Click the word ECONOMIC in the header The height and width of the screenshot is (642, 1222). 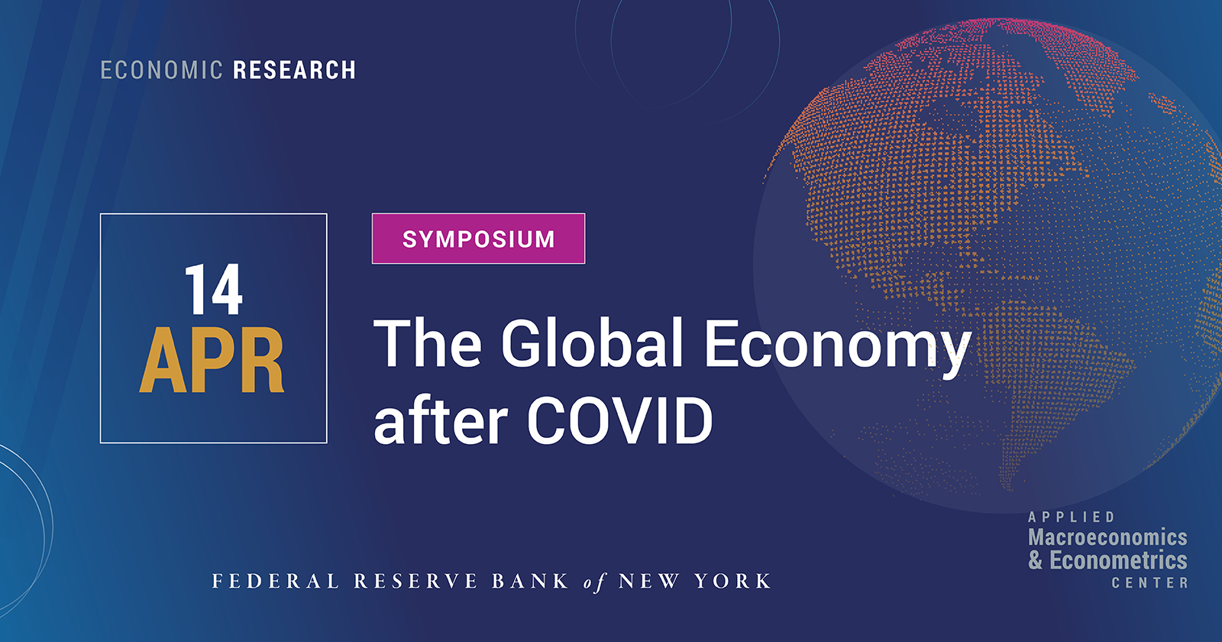point(161,70)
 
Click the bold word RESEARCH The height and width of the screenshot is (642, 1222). point(294,70)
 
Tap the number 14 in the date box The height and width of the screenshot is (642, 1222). point(213,290)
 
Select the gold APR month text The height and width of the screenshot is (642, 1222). point(212,362)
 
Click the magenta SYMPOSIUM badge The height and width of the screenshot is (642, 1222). point(478,239)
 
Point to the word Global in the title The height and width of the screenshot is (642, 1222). point(592,343)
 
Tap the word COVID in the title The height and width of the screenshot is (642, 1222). point(619,421)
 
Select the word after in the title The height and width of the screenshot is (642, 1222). point(441,421)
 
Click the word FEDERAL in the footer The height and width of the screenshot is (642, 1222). point(276,582)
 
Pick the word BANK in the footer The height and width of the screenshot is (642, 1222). point(530,582)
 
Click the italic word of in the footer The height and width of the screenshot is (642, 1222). point(594,582)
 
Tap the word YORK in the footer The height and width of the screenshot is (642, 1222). point(732,582)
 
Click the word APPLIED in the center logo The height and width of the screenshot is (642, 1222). point(1072,517)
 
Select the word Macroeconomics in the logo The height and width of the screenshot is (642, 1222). point(1107,537)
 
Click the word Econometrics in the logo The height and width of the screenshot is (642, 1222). point(1118,560)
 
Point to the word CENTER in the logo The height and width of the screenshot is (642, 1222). point(1149,582)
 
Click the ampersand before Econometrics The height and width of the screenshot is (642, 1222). point(1035,560)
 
